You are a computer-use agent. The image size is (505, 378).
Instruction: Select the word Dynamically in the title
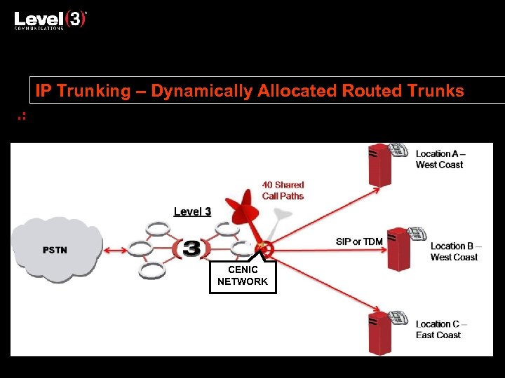point(193,91)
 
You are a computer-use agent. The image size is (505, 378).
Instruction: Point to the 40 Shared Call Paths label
point(283,190)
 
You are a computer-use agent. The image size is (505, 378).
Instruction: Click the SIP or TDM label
point(359,241)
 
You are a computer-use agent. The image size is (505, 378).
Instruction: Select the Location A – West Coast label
point(440,159)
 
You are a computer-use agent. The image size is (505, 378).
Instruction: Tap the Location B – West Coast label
point(454,251)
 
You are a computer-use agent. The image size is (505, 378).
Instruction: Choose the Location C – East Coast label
point(440,329)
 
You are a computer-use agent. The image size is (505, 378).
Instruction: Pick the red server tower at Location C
point(379,332)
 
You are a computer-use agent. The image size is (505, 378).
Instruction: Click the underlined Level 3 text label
point(192,211)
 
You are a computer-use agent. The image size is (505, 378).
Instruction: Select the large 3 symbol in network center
point(191,248)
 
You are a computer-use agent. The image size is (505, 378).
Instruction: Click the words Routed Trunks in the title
point(403,91)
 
